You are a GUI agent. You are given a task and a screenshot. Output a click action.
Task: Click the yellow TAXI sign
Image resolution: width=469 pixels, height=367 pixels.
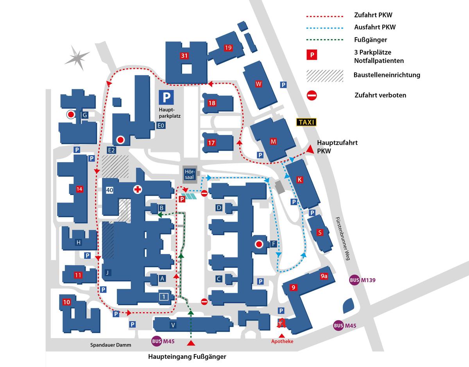pos(306,122)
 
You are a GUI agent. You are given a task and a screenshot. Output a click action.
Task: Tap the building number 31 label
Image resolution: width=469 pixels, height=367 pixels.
pos(184,56)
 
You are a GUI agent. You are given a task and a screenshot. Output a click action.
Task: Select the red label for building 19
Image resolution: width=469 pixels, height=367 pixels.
pos(228,48)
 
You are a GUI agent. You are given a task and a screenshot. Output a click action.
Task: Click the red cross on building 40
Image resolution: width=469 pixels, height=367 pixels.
pos(137,190)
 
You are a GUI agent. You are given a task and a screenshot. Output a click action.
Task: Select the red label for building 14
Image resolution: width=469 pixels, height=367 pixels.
pos(80,189)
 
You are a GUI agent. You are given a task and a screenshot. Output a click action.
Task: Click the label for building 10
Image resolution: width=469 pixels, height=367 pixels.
pos(66,302)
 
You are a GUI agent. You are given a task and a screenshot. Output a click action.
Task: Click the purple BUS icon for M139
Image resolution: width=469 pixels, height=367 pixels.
pos(354,280)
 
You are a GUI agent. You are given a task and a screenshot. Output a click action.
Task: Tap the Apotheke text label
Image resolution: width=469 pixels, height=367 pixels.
pos(282,341)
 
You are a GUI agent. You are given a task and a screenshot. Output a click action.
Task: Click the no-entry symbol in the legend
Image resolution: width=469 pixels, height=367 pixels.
pos(311,95)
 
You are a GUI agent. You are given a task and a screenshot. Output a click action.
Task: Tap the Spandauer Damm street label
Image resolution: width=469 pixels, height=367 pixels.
pos(111,345)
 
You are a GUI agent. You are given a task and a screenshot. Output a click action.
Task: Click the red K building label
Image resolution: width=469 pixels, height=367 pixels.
pos(300,180)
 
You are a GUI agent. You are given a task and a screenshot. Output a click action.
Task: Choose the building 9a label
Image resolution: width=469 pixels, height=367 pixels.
pos(324,277)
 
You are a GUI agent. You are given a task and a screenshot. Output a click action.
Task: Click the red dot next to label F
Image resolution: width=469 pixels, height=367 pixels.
pos(258,245)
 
